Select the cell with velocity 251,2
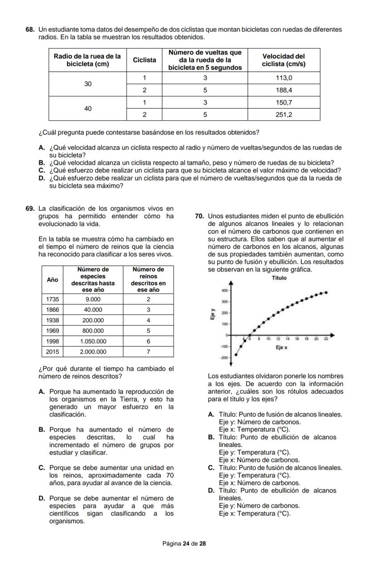pyautogui.click(x=283, y=114)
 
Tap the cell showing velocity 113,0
pyautogui.click(x=283, y=78)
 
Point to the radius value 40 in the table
pyautogui.click(x=88, y=108)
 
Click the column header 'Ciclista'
pyautogui.click(x=144, y=60)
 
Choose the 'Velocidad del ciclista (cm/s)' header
pyautogui.click(x=283, y=60)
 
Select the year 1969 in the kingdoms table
pyautogui.click(x=52, y=331)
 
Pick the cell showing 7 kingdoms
pyautogui.click(x=148, y=351)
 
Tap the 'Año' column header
pyautogui.click(x=52, y=279)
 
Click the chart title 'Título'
pyautogui.click(x=279, y=278)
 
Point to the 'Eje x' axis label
pyautogui.click(x=281, y=347)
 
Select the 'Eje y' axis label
pyautogui.click(x=213, y=315)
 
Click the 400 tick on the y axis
pyautogui.click(x=225, y=290)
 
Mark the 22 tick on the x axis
pyautogui.click(x=326, y=339)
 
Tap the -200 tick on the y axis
pyautogui.click(x=224, y=358)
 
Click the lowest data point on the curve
pyautogui.click(x=236, y=355)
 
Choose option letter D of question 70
pyautogui.click(x=211, y=490)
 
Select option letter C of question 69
pyautogui.click(x=42, y=468)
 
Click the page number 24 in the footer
pyautogui.click(x=185, y=544)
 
